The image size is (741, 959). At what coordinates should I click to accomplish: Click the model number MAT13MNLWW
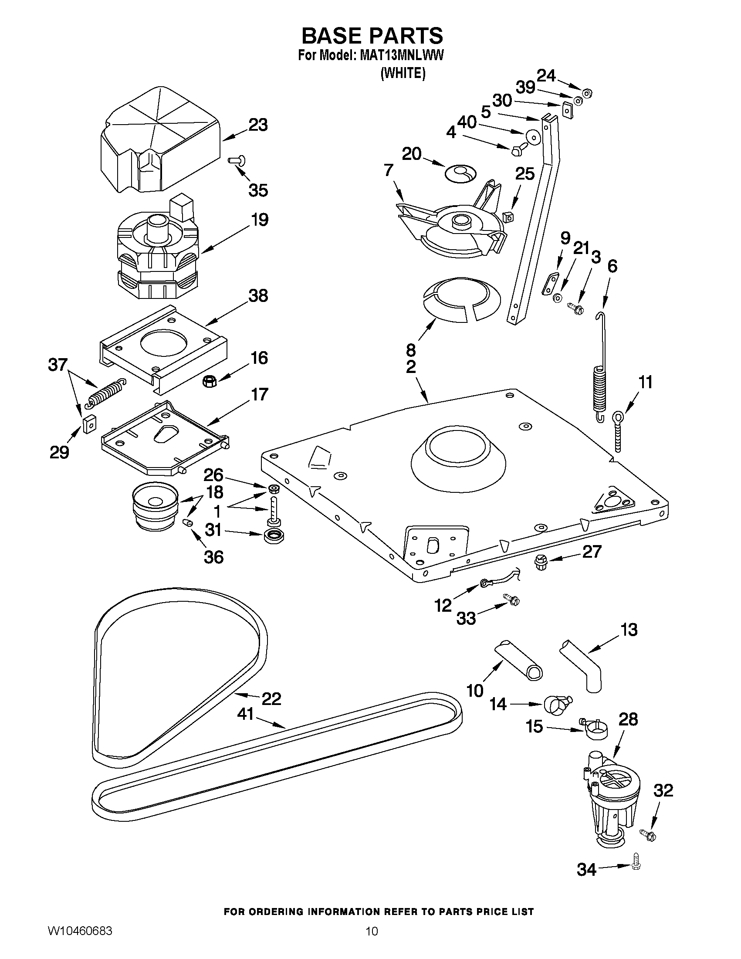[x=401, y=56]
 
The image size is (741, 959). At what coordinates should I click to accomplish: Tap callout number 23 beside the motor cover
[x=258, y=125]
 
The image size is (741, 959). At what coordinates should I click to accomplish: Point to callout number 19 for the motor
[x=260, y=220]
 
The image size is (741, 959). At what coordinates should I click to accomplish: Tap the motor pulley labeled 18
[x=155, y=506]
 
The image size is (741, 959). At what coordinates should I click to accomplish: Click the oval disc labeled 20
[x=460, y=173]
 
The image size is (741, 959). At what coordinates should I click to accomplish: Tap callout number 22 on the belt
[x=271, y=698]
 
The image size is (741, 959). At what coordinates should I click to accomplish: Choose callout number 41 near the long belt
[x=245, y=714]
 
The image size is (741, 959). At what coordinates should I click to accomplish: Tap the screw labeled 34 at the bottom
[x=635, y=864]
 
